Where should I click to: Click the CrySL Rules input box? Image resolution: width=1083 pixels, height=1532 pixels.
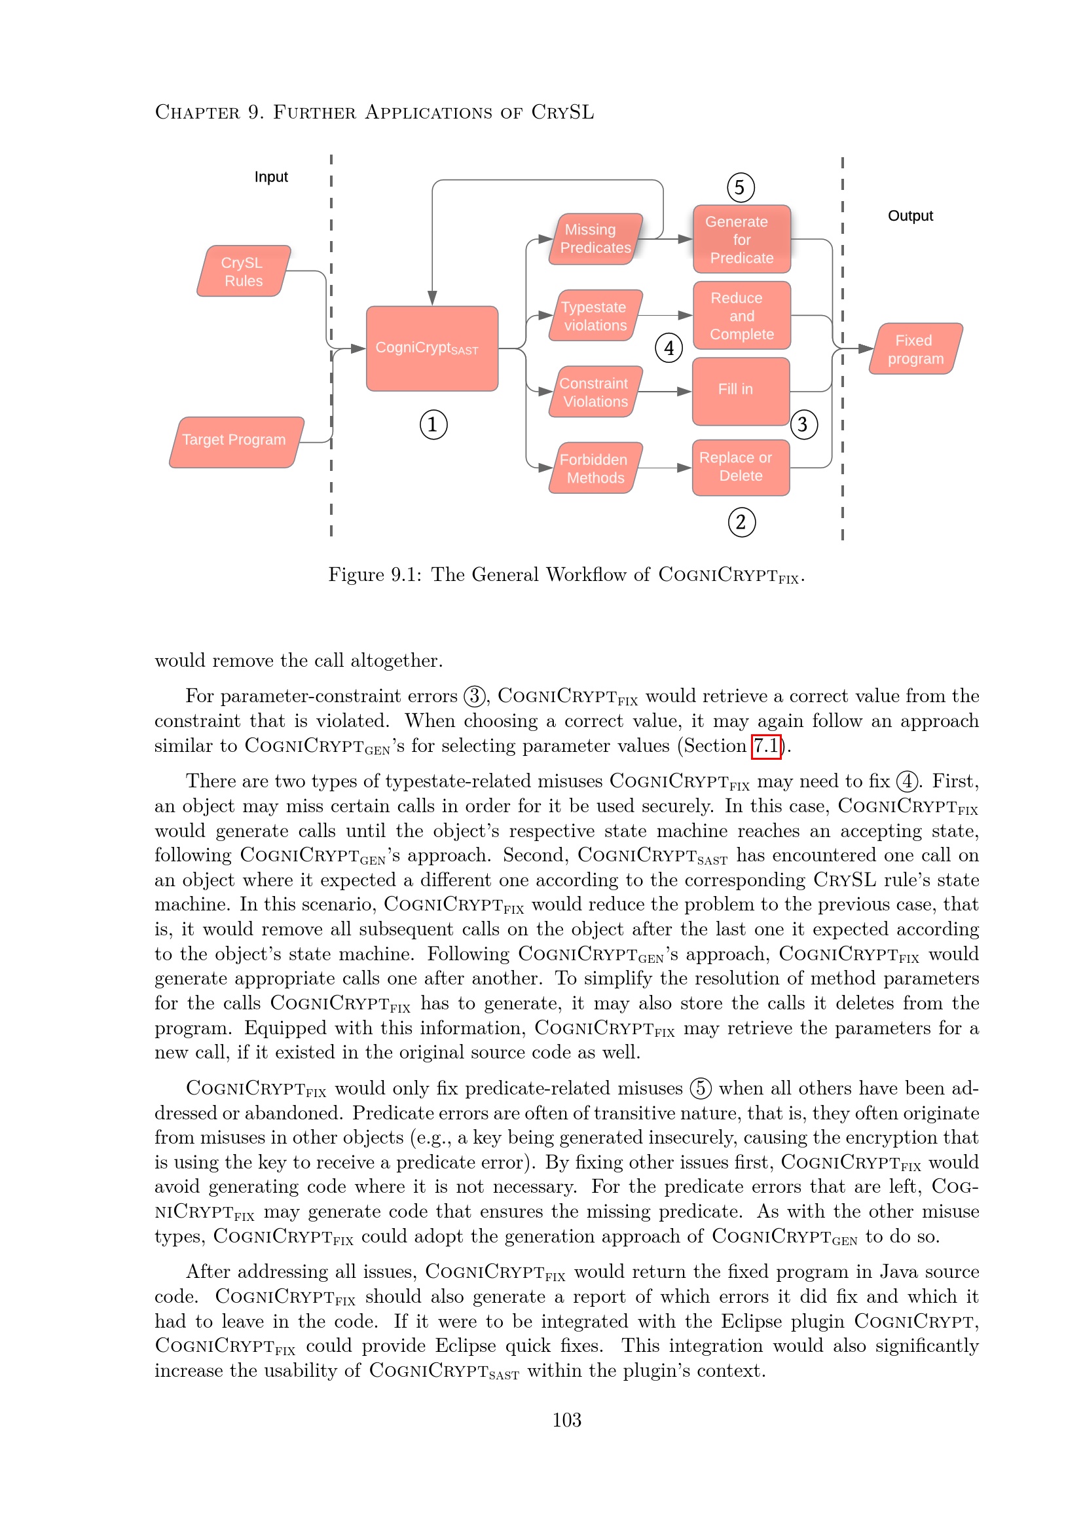244,272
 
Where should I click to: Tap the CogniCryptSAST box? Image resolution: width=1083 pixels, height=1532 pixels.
431,348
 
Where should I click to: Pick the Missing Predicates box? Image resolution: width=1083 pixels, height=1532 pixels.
595,239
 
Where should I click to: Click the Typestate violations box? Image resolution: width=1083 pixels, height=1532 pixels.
595,316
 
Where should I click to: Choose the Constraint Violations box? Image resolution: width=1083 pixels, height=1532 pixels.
595,392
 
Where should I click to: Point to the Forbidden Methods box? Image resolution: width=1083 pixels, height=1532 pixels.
595,468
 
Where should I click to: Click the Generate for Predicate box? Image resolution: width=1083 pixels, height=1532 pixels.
742,240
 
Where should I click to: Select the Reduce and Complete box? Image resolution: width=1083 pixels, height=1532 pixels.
742,316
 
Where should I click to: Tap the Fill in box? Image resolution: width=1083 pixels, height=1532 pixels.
741,391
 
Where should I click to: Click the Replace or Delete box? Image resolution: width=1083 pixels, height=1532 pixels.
741,467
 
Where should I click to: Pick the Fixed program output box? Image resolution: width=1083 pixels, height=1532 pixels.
915,349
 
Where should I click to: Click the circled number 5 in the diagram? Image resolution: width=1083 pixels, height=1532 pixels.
741,187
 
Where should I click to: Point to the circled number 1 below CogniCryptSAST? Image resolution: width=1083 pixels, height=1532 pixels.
433,424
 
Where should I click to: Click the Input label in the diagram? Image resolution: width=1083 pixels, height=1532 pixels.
271,177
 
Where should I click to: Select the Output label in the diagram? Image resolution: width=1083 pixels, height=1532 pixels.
909,215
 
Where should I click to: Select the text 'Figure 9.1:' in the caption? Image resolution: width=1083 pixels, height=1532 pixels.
374,574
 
